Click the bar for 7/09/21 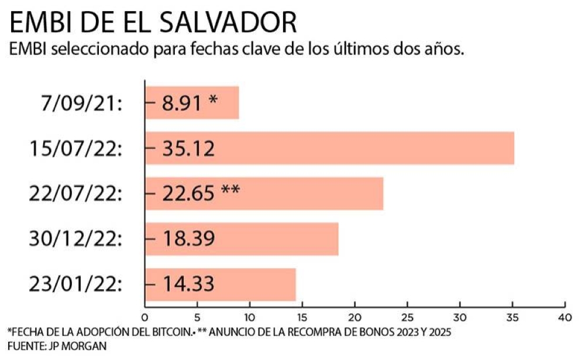(192, 103)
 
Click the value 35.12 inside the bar (188, 149)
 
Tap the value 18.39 (188, 239)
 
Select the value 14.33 (188, 284)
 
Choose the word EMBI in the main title (39, 22)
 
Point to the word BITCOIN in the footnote (170, 332)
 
